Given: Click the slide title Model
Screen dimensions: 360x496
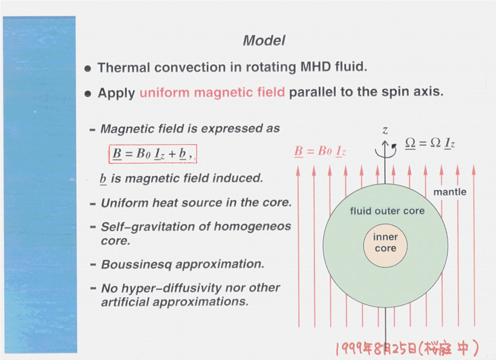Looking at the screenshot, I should (x=264, y=41).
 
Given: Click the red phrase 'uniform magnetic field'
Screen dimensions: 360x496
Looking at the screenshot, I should (x=212, y=93).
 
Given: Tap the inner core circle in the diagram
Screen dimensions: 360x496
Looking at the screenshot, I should (x=385, y=243).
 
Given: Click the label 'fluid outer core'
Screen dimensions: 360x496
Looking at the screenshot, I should (x=387, y=211).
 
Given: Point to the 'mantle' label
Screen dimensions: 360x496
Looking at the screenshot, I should (x=450, y=192).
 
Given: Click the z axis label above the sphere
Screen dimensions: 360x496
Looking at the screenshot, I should (x=385, y=130).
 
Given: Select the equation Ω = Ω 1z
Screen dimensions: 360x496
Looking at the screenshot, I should (x=430, y=143).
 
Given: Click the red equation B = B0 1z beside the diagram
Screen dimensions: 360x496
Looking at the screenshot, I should (x=320, y=151).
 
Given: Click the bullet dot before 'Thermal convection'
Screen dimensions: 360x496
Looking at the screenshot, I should (x=88, y=68).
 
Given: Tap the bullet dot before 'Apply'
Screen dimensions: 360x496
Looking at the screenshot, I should (x=88, y=94).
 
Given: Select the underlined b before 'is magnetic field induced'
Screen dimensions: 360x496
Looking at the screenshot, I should (x=104, y=178).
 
